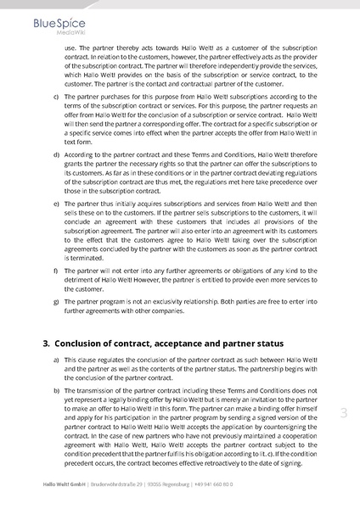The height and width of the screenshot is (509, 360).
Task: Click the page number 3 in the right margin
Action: click(x=344, y=413)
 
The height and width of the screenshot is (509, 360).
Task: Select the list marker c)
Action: click(x=56, y=97)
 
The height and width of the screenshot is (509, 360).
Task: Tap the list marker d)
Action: click(x=56, y=154)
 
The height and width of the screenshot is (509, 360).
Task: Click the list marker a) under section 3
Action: click(x=56, y=360)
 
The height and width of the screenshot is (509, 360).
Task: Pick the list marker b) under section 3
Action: click(x=56, y=391)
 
